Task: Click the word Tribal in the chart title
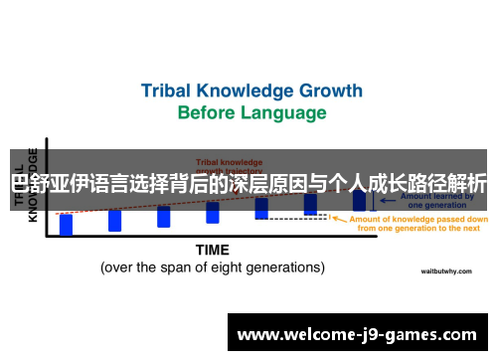point(169,90)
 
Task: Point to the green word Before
point(207,112)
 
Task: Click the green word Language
point(282,112)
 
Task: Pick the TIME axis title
point(212,250)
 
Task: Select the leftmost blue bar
point(66,224)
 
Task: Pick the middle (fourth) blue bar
point(213,212)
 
